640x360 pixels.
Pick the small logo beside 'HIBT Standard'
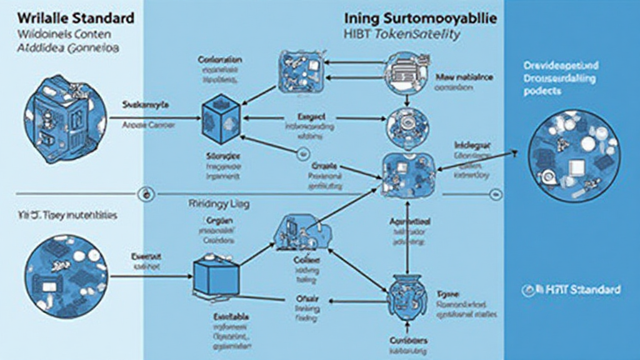[535, 289]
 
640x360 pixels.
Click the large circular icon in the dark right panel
[574, 155]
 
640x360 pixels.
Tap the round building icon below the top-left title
[59, 119]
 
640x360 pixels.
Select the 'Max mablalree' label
[464, 77]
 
